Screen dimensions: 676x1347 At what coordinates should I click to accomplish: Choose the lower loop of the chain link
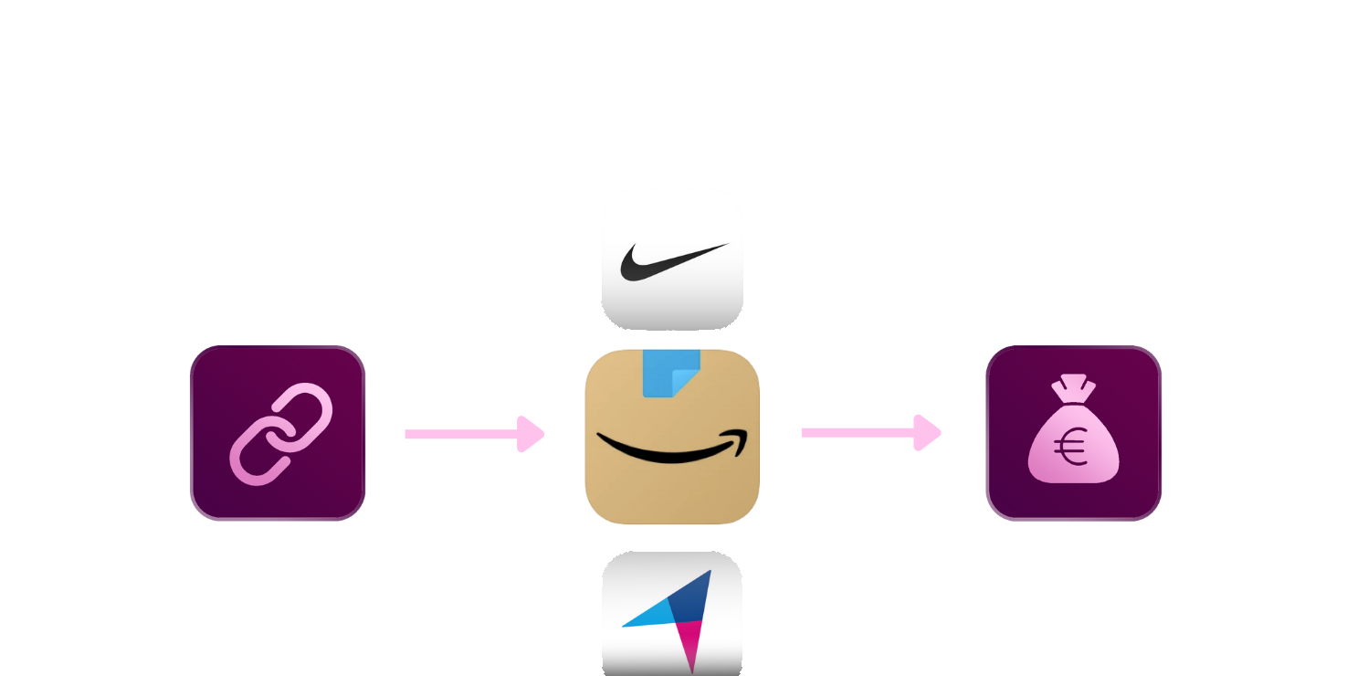(255, 456)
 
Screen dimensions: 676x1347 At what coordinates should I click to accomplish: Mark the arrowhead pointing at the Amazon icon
(531, 434)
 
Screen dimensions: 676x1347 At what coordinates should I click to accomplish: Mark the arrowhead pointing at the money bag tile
(927, 432)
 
